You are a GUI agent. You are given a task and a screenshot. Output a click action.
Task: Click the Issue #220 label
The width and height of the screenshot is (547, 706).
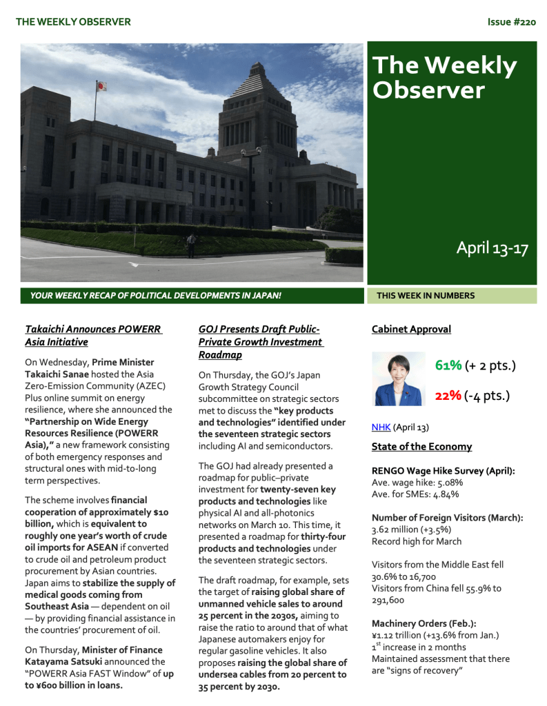tap(511, 22)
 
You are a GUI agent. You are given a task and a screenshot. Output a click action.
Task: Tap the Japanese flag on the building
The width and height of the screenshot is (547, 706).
tap(101, 86)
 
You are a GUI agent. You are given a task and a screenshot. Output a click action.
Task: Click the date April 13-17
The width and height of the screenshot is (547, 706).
tap(492, 248)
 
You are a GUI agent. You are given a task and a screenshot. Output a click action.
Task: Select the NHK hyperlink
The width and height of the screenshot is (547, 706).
tap(381, 427)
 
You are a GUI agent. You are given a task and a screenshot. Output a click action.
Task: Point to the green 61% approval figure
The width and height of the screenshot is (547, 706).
tap(448, 365)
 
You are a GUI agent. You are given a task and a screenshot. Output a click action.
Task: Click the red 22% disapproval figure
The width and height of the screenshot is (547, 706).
tap(448, 396)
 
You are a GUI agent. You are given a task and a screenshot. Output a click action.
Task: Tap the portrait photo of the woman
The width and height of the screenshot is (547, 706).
tap(398, 379)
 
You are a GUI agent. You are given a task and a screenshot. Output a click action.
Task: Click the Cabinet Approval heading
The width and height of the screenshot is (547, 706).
tap(411, 330)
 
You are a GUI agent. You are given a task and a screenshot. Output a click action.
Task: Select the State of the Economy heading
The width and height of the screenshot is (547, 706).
tap(421, 447)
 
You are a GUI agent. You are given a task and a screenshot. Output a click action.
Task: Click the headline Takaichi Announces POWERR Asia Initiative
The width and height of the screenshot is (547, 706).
tap(93, 335)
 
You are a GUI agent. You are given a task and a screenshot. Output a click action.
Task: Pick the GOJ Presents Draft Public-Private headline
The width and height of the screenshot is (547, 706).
tap(260, 341)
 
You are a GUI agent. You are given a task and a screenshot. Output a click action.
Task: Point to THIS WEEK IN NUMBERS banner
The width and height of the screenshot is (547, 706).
tap(425, 296)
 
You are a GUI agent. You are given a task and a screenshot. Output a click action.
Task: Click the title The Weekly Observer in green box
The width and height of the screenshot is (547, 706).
tap(444, 77)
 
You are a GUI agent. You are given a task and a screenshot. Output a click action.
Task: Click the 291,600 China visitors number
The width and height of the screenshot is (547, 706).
tap(388, 600)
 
